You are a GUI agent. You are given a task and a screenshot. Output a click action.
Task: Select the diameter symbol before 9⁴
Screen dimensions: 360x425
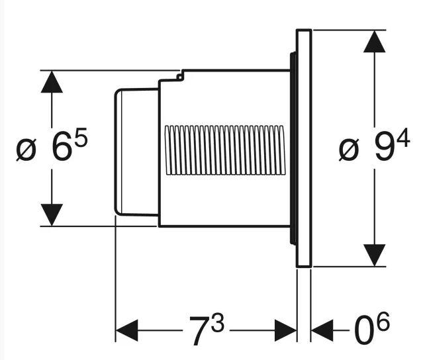point(348,150)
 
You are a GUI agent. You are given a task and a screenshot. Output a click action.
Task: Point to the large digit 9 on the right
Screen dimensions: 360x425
point(383,148)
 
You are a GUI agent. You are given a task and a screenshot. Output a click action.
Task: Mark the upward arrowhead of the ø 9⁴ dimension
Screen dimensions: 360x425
point(375,42)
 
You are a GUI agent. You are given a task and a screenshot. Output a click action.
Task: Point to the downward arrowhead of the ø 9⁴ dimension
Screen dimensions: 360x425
point(375,255)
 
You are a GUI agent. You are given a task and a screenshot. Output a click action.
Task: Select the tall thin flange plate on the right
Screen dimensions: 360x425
point(304,148)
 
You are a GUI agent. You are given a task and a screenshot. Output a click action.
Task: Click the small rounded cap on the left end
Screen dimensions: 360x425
point(136,150)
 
